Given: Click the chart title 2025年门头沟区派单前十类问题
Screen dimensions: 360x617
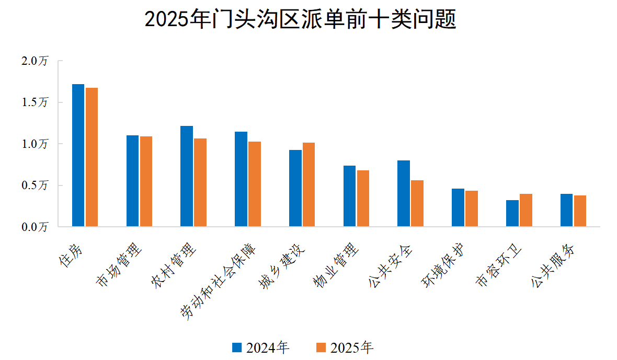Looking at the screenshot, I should pos(300,20).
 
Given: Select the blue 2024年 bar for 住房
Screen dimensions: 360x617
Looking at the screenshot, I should pos(78,155).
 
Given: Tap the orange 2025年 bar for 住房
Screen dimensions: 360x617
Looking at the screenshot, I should pos(92,157).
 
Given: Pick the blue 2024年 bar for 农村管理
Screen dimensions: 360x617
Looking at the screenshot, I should pos(187,176).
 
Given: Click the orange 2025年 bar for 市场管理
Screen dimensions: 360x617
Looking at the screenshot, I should pos(146,181).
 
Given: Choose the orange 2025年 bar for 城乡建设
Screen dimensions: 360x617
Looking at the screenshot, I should pos(308,184).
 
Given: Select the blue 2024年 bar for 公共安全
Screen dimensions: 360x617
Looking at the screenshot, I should pos(403,193).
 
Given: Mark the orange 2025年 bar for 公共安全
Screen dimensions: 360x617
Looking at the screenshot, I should pos(417,203).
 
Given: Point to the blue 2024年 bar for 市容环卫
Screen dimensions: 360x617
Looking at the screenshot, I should pos(512,213).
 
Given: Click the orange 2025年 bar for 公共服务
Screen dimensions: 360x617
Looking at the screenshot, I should pos(580,211).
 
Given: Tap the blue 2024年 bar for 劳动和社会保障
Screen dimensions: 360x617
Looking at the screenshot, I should pos(241,179).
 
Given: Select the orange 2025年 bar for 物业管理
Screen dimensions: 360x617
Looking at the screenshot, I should pos(363,199).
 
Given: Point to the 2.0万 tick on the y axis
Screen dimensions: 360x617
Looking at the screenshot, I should pos(35,61).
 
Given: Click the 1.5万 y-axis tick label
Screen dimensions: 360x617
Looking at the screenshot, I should pos(35,102).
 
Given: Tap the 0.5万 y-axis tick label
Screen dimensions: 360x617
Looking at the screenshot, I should pos(35,185).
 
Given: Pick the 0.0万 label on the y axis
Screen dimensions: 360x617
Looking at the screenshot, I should pos(35,227).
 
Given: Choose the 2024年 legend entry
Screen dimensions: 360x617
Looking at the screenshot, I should pos(260,347).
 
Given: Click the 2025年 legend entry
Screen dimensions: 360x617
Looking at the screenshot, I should pos(345,347).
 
